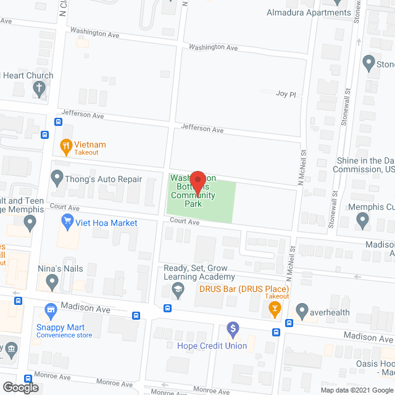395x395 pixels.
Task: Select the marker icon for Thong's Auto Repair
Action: coord(57,180)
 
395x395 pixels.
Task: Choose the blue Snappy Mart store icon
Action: coord(51,309)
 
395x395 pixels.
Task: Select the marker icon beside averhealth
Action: coord(302,309)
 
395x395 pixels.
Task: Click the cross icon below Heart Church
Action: coord(39,89)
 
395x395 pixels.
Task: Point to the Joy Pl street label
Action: coord(286,94)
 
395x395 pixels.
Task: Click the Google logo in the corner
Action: coord(20,388)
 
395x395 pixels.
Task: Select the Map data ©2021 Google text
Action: coord(356,390)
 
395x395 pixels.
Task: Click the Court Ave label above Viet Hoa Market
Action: coord(65,208)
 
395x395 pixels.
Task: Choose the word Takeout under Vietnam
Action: coord(87,152)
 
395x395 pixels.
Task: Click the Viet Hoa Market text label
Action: coord(107,223)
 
